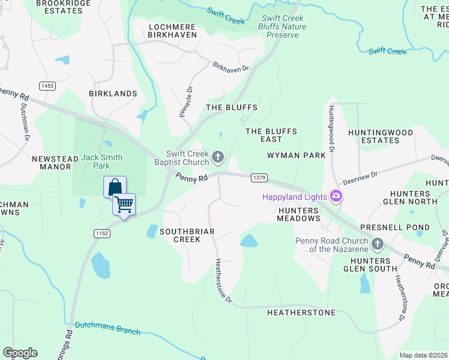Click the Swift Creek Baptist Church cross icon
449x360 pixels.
coord(218,158)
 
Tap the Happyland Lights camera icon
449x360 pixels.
coord(336,196)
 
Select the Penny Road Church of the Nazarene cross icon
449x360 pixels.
coord(378,244)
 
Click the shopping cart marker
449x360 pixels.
coord(124,205)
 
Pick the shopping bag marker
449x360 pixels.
coord(114,187)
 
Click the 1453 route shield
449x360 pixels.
coord(47,86)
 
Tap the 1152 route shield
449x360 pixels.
coord(101,233)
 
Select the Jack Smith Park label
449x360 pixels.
coord(102,161)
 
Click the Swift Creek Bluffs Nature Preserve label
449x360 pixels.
coord(282,26)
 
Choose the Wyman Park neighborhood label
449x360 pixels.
coord(297,155)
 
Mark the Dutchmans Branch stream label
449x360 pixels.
coord(107,328)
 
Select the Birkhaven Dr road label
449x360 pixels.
coord(231,67)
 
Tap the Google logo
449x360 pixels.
coord(20,353)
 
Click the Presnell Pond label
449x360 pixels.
coord(395,227)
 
